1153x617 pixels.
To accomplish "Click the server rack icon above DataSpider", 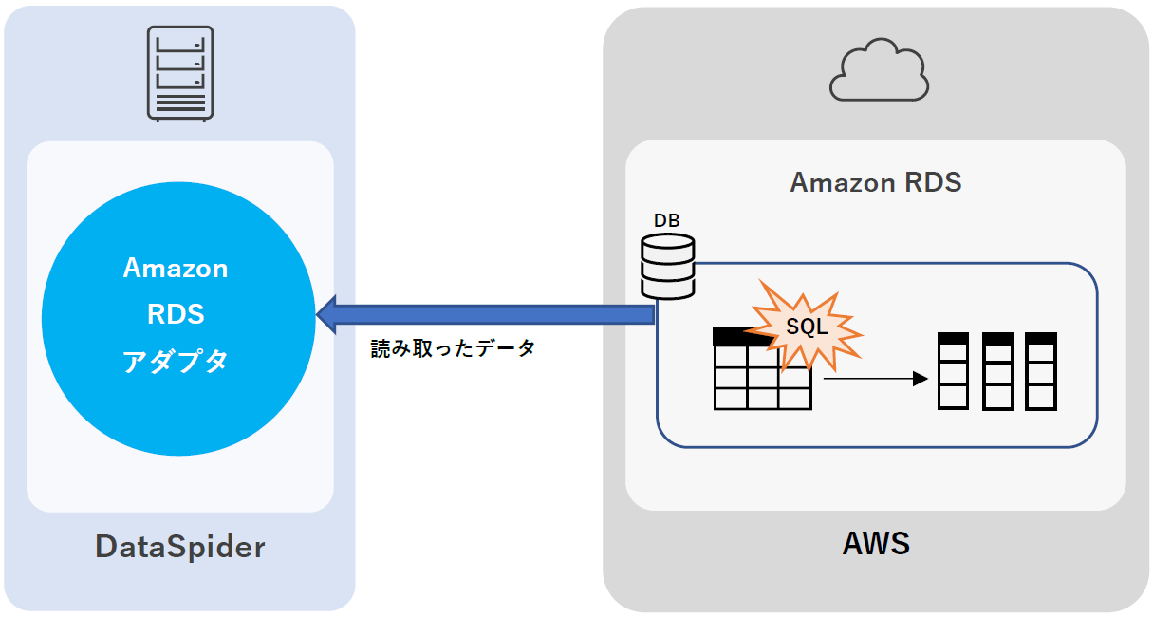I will click(180, 74).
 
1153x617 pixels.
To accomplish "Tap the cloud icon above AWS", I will click(878, 70).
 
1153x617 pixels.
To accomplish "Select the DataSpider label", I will click(180, 547).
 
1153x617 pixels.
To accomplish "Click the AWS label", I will click(876, 543).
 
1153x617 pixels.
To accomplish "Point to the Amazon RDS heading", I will click(876, 182).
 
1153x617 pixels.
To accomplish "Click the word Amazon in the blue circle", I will click(176, 269).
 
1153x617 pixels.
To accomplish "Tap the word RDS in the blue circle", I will click(177, 313).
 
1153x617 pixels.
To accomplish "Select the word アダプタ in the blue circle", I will click(177, 361).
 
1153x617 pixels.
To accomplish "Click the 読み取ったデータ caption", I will click(453, 348).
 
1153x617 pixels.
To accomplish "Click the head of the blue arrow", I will click(328, 314).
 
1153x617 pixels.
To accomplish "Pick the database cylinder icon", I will click(668, 267).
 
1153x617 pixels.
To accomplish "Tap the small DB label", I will click(667, 220).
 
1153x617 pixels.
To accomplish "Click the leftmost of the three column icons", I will click(953, 370).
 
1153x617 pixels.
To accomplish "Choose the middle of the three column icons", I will click(997, 370).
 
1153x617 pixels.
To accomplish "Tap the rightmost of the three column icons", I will click(1041, 370).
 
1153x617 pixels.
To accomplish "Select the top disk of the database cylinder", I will click(668, 246).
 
